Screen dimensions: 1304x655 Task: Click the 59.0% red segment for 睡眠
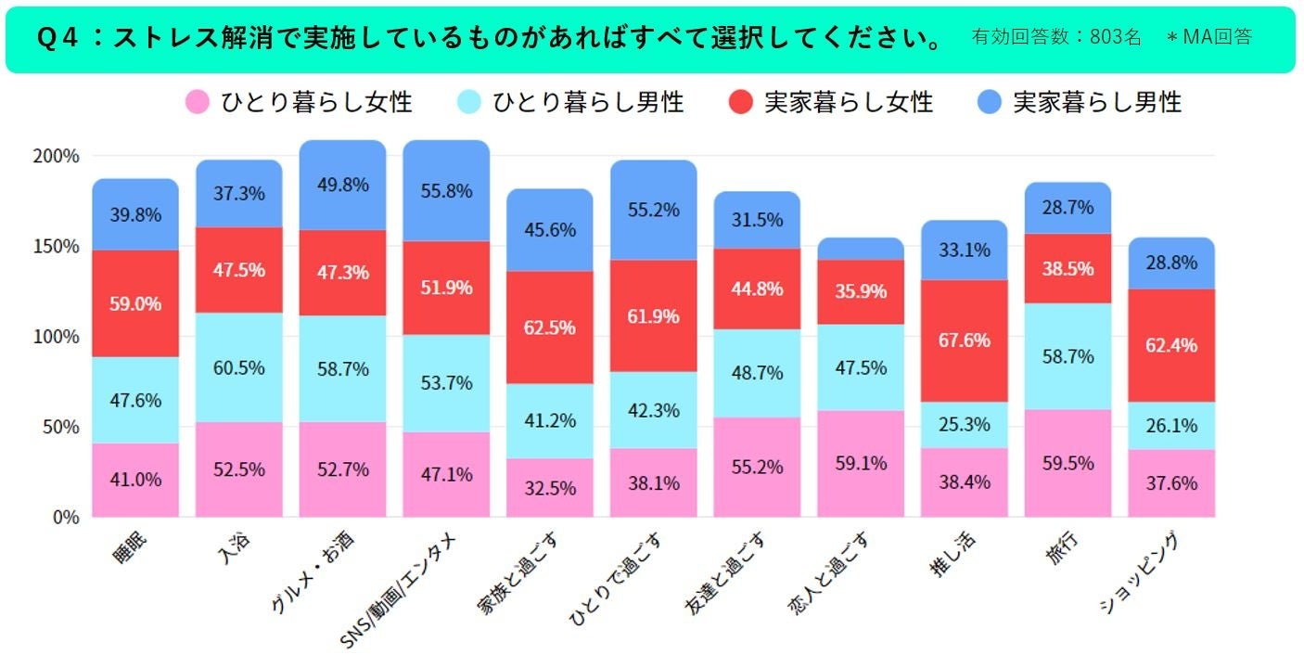pyautogui.click(x=135, y=303)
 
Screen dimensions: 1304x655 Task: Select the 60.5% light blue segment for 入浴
pyautogui.click(x=238, y=367)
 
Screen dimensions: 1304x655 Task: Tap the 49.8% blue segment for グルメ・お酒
pyautogui.click(x=342, y=186)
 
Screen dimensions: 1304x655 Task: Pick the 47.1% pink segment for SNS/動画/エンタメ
pyautogui.click(x=446, y=474)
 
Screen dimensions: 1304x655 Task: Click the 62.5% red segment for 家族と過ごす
pyautogui.click(x=550, y=327)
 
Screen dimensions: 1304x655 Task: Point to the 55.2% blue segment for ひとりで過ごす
pyautogui.click(x=653, y=211)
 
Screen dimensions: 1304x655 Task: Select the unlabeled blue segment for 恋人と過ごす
pyautogui.click(x=861, y=249)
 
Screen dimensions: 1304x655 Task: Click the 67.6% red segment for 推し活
pyautogui.click(x=964, y=340)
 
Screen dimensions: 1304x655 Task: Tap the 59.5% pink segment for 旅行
pyautogui.click(x=1067, y=464)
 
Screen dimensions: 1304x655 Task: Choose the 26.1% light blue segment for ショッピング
pyautogui.click(x=1171, y=426)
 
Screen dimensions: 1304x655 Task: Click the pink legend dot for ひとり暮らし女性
pyautogui.click(x=198, y=102)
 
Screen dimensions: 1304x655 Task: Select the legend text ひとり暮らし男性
pyautogui.click(x=588, y=102)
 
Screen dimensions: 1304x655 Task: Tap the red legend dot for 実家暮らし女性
pyautogui.click(x=740, y=102)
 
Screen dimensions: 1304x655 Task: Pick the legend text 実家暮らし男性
pyautogui.click(x=1097, y=102)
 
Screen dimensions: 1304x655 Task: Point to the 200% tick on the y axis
pyautogui.click(x=56, y=156)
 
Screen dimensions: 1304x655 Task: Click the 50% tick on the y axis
pyautogui.click(x=60, y=428)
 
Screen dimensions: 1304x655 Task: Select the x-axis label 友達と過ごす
pyautogui.click(x=724, y=573)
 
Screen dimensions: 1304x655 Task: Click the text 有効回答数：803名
pyautogui.click(x=1056, y=37)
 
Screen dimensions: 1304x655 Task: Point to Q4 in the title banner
pyautogui.click(x=58, y=38)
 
